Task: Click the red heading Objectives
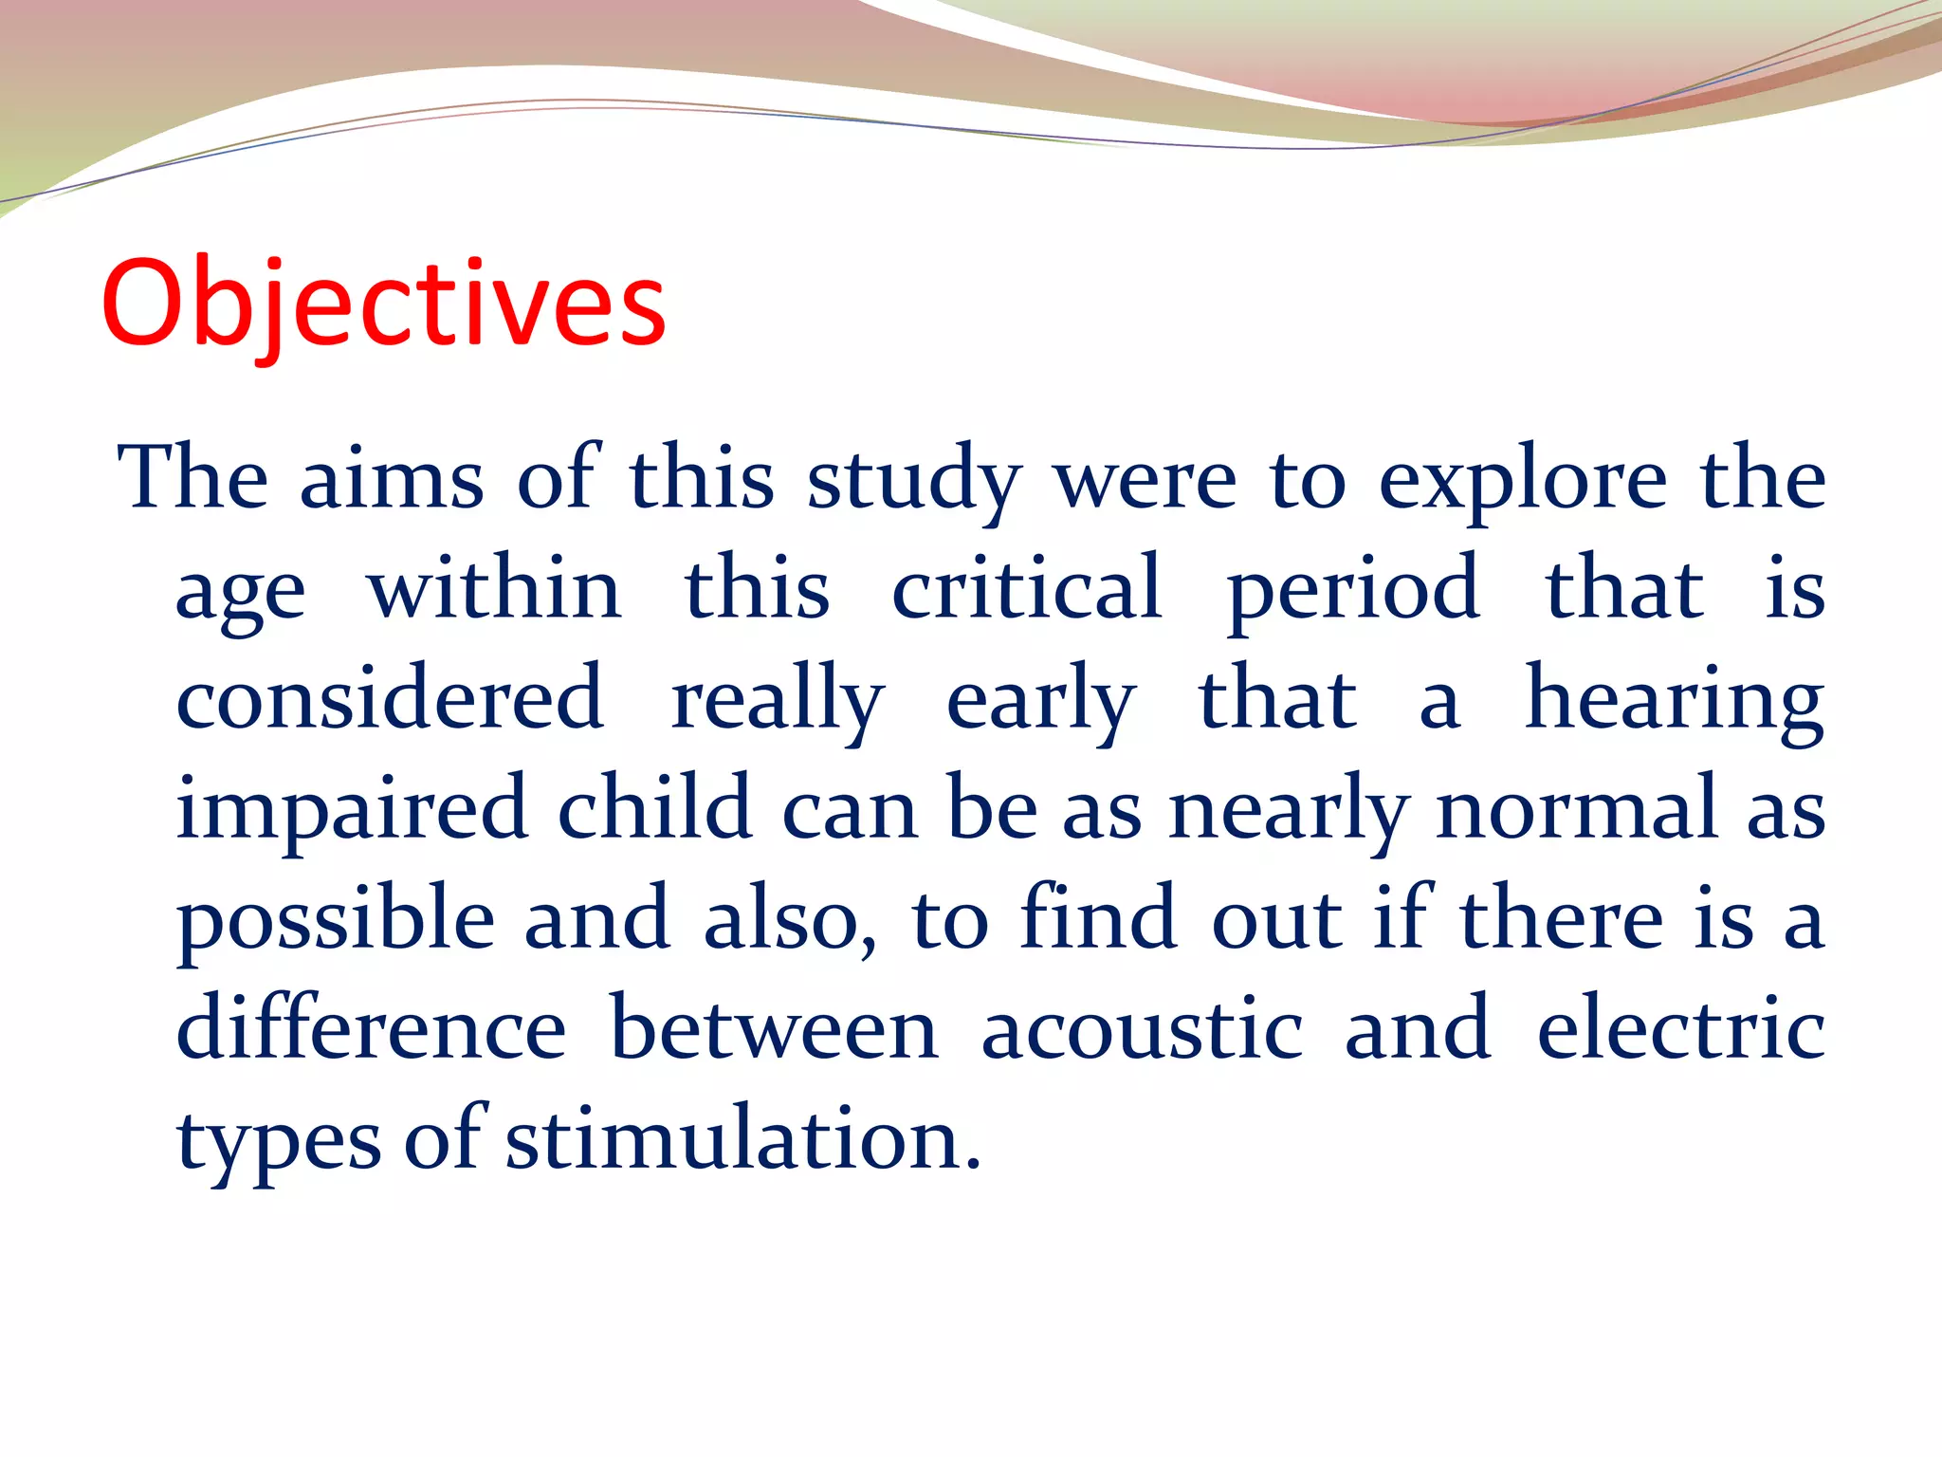[x=383, y=304]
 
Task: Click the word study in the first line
[x=914, y=480]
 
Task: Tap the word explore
[x=1522, y=480]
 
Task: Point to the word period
[x=1353, y=589]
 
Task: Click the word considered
[x=390, y=699]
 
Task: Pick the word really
[x=778, y=699]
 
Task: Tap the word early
[x=1041, y=699]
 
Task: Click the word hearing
[x=1675, y=699]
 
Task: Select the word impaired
[x=352, y=809]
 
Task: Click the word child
[x=654, y=809]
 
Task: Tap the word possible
[x=336, y=920]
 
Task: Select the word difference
[x=372, y=1030]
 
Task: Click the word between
[x=774, y=1030]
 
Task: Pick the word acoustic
[x=1142, y=1030]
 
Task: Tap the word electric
[x=1680, y=1030]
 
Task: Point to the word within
[x=495, y=589]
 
